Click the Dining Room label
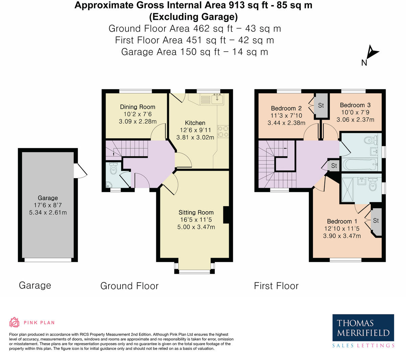point(137,107)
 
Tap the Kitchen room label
point(195,123)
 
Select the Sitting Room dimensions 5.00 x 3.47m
point(196,227)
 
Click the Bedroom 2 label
point(286,108)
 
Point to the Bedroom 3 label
point(355,105)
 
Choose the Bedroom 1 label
point(342,221)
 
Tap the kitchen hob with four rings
point(223,131)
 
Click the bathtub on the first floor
point(359,165)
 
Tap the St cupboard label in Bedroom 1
point(376,220)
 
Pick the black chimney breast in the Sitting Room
point(226,215)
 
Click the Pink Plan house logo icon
point(15,322)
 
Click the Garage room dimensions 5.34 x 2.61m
point(48,212)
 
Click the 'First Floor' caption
point(276,286)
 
